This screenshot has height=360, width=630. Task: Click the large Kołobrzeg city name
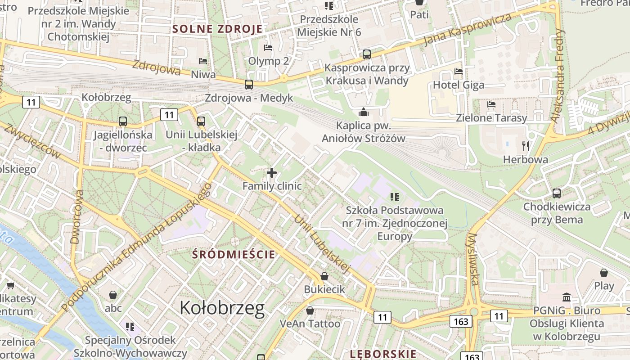[x=222, y=308]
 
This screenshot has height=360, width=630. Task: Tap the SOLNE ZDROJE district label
[x=218, y=30]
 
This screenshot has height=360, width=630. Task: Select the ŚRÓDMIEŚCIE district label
[x=234, y=254]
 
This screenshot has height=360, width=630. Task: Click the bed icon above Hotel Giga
[x=459, y=72]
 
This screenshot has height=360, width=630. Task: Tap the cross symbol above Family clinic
[x=272, y=173]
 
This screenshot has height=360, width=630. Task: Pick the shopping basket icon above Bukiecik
[x=324, y=276]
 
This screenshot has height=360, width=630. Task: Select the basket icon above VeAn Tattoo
[x=310, y=310]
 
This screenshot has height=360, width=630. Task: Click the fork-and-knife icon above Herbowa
[x=525, y=146]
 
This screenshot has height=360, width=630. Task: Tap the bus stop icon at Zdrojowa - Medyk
[x=249, y=85]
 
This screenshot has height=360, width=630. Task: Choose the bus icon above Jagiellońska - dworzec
[x=122, y=121]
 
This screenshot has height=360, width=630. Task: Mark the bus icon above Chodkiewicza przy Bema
[x=557, y=193]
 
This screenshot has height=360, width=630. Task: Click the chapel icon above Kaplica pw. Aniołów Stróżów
[x=363, y=112]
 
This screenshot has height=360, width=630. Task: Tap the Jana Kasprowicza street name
[x=468, y=30]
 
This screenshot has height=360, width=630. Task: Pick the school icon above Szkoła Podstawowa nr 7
[x=395, y=197]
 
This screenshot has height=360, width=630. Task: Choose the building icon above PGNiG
[x=567, y=297]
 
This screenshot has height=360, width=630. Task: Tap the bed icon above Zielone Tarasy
[x=491, y=104]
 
